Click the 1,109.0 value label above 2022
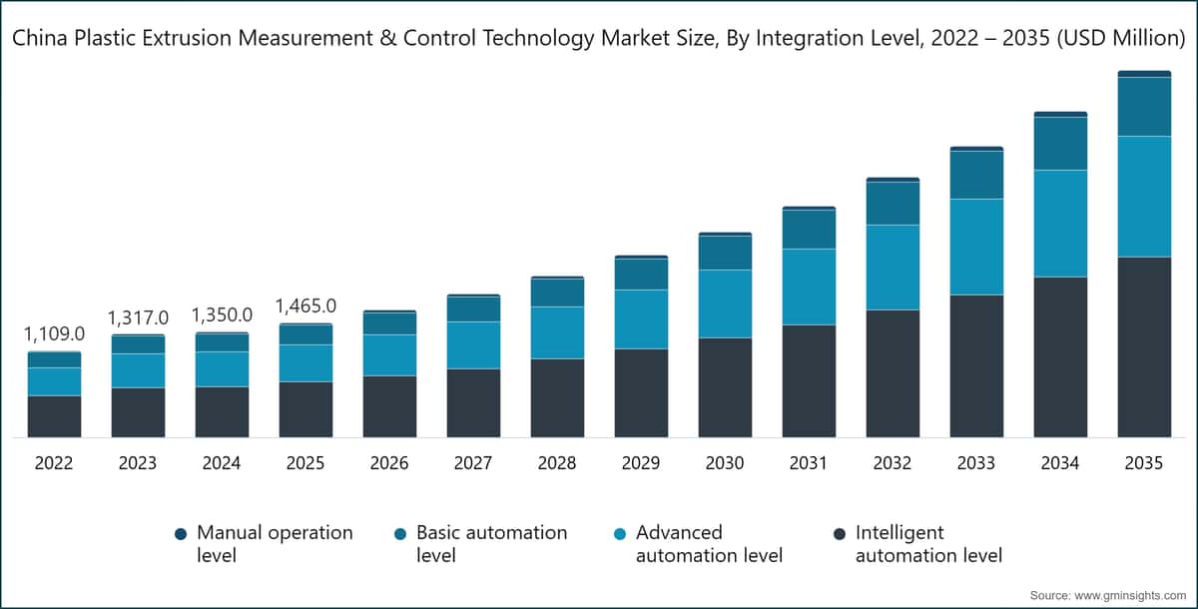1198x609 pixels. coord(54,333)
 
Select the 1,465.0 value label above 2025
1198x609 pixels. coord(305,305)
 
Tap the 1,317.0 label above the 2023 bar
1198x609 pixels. coord(138,317)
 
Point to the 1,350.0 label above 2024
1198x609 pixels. coord(222,314)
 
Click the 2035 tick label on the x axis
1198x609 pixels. coord(1144,464)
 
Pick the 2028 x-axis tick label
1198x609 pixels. coord(557,464)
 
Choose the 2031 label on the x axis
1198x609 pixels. coord(809,464)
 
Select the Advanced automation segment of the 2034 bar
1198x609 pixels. coord(1060,224)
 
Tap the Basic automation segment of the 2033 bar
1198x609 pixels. coord(976,175)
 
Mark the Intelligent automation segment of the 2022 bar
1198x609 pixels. coord(54,416)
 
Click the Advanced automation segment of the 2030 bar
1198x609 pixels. coord(725,304)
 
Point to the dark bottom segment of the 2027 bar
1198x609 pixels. coord(473,403)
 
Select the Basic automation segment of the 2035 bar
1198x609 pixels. coord(1144,107)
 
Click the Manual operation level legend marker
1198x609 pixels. coord(181,534)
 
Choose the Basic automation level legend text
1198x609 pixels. coord(491,543)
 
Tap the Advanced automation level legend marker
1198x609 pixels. coord(620,534)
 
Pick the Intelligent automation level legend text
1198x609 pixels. coord(928,543)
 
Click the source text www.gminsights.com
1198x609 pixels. coord(1123,595)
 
